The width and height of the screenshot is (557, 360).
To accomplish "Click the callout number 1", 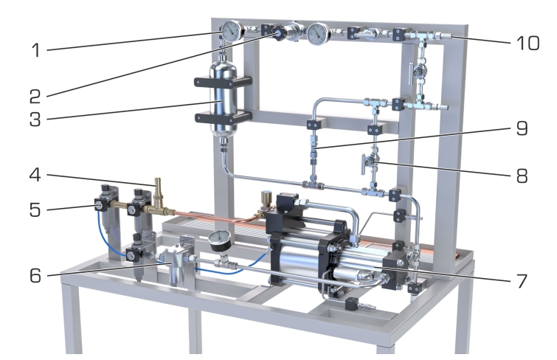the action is coord(36,50).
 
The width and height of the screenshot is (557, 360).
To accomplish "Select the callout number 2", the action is coord(35,97).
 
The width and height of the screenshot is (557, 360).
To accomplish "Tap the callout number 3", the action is coord(35,120).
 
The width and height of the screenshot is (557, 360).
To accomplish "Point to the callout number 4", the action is coord(35,175).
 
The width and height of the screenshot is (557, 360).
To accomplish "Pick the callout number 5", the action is coord(35,210).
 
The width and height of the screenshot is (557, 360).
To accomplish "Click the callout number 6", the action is coord(35,275).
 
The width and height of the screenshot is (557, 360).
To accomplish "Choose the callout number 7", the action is coord(522,281).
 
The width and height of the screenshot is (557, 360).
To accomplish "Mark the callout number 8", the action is coord(522,176).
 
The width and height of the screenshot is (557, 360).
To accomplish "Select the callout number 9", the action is coord(522,128).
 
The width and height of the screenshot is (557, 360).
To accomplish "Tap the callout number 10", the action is coord(528,43).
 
